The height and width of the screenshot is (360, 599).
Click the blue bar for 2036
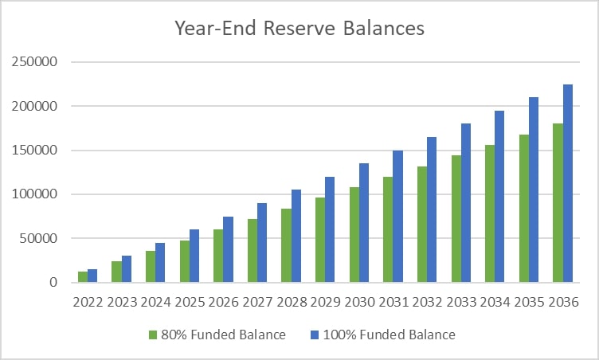pyautogui.click(x=568, y=183)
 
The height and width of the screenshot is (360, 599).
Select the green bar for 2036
pyautogui.click(x=558, y=203)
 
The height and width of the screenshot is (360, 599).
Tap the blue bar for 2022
pyautogui.click(x=92, y=276)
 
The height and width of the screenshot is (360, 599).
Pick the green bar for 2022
pyautogui.click(x=83, y=277)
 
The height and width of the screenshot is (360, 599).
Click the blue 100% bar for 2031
pyautogui.click(x=397, y=217)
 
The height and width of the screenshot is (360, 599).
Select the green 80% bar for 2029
pyautogui.click(x=320, y=240)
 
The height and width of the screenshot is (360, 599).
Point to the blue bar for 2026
pyautogui.click(x=228, y=249)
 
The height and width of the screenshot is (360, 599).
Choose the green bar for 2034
pyautogui.click(x=490, y=213)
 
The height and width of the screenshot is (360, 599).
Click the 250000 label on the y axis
pyautogui.click(x=34, y=61)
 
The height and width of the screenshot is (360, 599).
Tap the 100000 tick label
pyautogui.click(x=34, y=194)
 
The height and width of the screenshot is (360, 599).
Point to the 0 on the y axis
pyautogui.click(x=53, y=282)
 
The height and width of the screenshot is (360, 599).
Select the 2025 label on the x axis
pyautogui.click(x=190, y=302)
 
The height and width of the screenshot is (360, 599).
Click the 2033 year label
pyautogui.click(x=461, y=302)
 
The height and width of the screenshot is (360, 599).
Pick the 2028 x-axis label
pyautogui.click(x=292, y=302)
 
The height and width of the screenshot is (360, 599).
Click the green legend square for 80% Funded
pyautogui.click(x=153, y=335)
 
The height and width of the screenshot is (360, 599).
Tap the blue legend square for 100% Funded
pyautogui.click(x=315, y=335)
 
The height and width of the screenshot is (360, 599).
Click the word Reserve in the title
pyautogui.click(x=299, y=29)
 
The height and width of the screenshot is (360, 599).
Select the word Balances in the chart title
pyautogui.click(x=384, y=29)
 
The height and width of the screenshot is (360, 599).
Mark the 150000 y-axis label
pyautogui.click(x=34, y=150)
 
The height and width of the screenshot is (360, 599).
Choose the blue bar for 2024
pyautogui.click(x=160, y=263)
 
